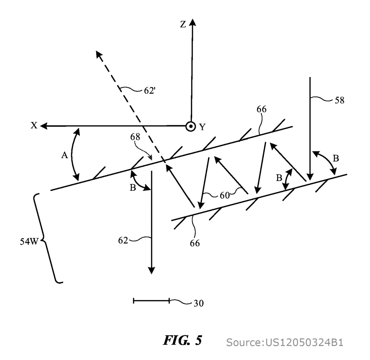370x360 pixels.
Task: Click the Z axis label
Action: pos(183,24)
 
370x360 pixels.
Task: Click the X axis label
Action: pos(34,126)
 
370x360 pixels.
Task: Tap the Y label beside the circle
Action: pos(202,127)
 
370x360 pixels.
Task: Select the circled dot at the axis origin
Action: pos(190,127)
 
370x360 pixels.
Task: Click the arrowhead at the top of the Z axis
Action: pos(193,22)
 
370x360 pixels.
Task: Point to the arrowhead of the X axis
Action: pos(44,126)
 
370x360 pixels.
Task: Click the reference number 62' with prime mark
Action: pos(150,91)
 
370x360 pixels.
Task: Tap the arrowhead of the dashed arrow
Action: pos(99,55)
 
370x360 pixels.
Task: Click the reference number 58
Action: pos(340,100)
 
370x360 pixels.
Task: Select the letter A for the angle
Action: pos(64,155)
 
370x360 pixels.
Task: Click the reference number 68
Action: pos(135,137)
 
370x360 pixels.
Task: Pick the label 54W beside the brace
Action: pos(29,242)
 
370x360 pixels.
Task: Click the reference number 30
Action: pos(198,303)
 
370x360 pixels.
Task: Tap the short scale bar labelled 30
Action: pos(151,301)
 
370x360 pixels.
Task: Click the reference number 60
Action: pos(224,196)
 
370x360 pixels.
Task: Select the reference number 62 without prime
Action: pos(123,241)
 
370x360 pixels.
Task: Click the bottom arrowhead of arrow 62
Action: pos(151,270)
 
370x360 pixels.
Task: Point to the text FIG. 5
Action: pos(182,340)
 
